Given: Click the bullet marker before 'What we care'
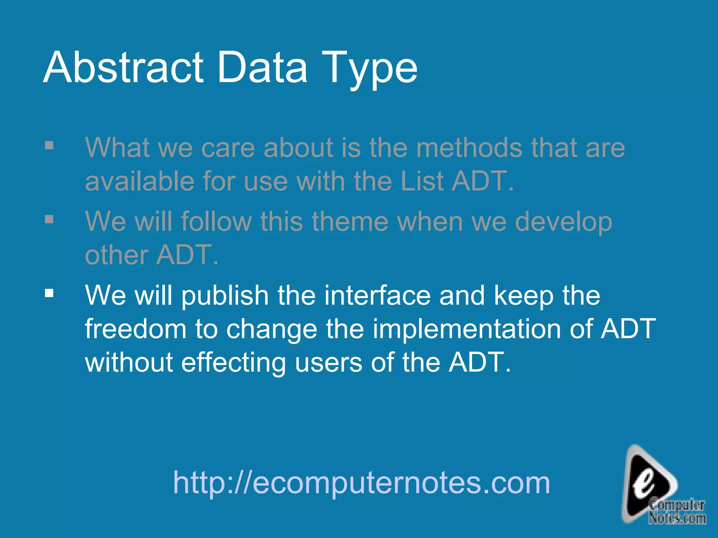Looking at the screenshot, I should [x=49, y=145].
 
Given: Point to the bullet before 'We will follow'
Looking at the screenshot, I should [x=49, y=219].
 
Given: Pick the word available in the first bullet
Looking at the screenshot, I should [x=140, y=181].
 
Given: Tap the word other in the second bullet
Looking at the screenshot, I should [x=116, y=255].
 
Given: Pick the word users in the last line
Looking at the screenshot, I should [x=328, y=363].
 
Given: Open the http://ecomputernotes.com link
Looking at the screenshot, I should [x=361, y=483].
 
